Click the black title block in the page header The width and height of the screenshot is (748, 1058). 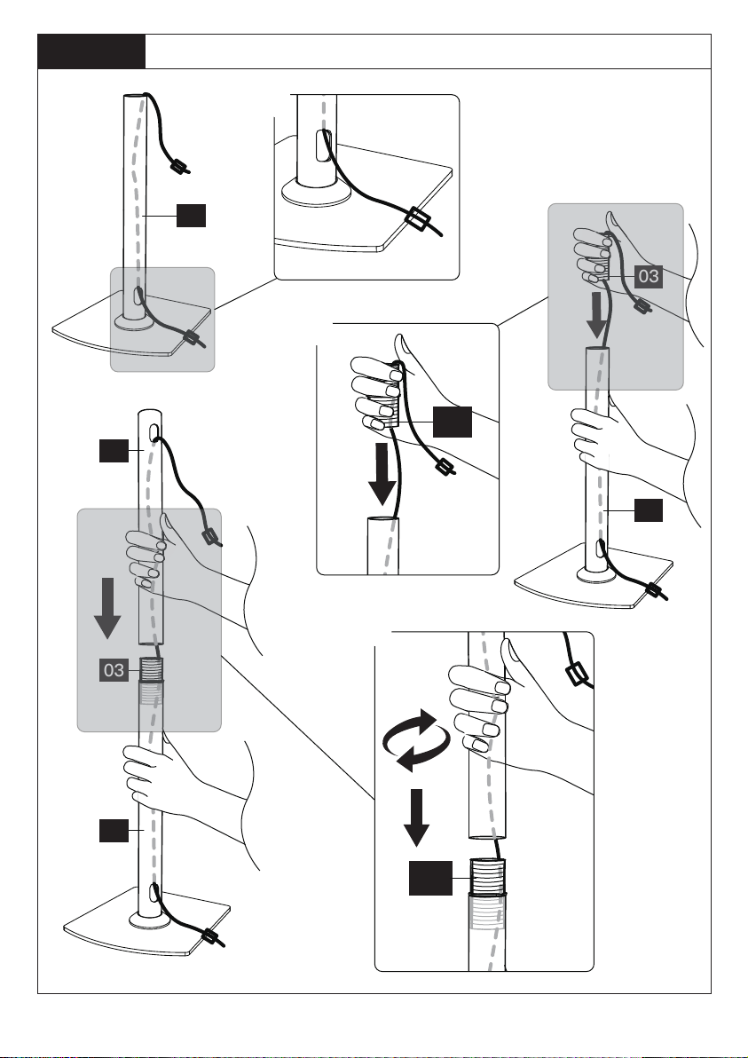click(x=91, y=51)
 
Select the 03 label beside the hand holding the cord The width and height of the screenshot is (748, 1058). click(x=648, y=277)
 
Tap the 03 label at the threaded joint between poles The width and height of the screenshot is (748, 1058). click(x=114, y=670)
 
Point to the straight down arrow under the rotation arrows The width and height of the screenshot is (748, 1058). click(x=417, y=817)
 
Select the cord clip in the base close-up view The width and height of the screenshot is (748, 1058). click(x=416, y=219)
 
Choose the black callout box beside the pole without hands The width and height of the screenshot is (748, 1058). click(x=191, y=216)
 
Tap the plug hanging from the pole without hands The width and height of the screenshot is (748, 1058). click(x=180, y=165)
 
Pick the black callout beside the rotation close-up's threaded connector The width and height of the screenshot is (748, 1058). click(x=430, y=878)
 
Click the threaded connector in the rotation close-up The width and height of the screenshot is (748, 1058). click(x=486, y=876)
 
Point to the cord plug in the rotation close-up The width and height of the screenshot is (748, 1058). click(x=578, y=674)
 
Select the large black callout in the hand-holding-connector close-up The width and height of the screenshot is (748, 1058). click(x=452, y=422)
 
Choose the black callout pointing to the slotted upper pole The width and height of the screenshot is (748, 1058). click(x=114, y=451)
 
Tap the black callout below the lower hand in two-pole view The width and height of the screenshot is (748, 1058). click(x=114, y=831)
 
